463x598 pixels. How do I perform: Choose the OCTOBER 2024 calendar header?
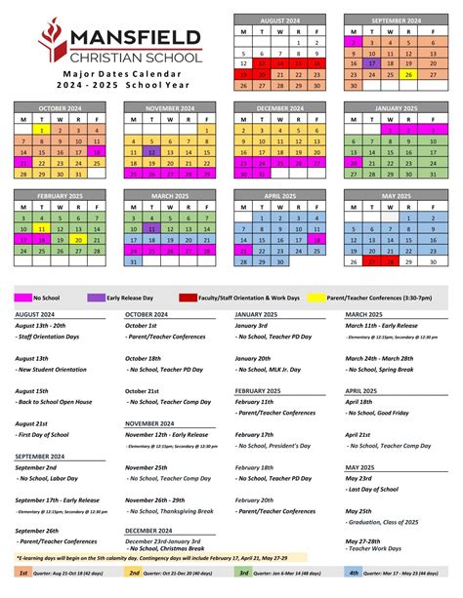click(x=60, y=107)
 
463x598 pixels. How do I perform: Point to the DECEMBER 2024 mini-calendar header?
click(x=279, y=107)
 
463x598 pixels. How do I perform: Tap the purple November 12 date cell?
click(x=151, y=151)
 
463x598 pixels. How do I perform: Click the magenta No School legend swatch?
click(x=21, y=269)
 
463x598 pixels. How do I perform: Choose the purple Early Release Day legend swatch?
click(x=96, y=269)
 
